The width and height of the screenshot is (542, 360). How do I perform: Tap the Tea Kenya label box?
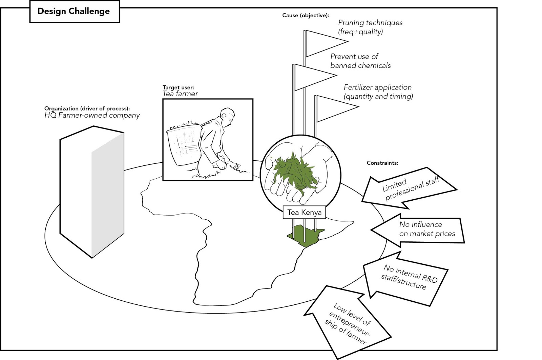click(304, 213)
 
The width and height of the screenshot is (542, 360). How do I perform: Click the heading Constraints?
click(382, 163)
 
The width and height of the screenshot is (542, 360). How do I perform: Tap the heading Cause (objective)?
click(306, 16)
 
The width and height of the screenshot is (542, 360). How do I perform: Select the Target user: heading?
click(178, 87)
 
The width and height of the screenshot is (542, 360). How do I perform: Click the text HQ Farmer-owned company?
click(92, 116)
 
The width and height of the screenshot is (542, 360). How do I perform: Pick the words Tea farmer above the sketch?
click(180, 94)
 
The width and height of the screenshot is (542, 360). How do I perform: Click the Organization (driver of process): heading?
click(87, 108)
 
